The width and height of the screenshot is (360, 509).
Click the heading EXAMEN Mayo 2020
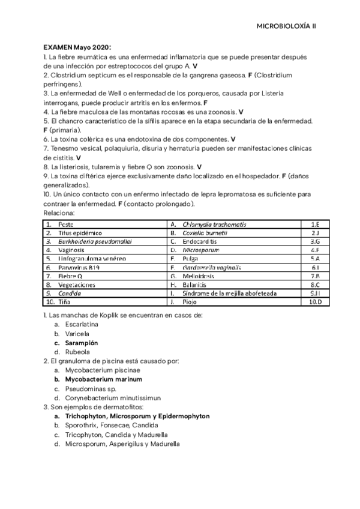click(x=77, y=47)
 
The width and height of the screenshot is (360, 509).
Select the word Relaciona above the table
click(x=59, y=212)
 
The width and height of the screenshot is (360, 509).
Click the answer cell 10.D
click(x=315, y=302)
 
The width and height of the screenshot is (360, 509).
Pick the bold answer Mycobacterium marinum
click(x=103, y=379)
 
